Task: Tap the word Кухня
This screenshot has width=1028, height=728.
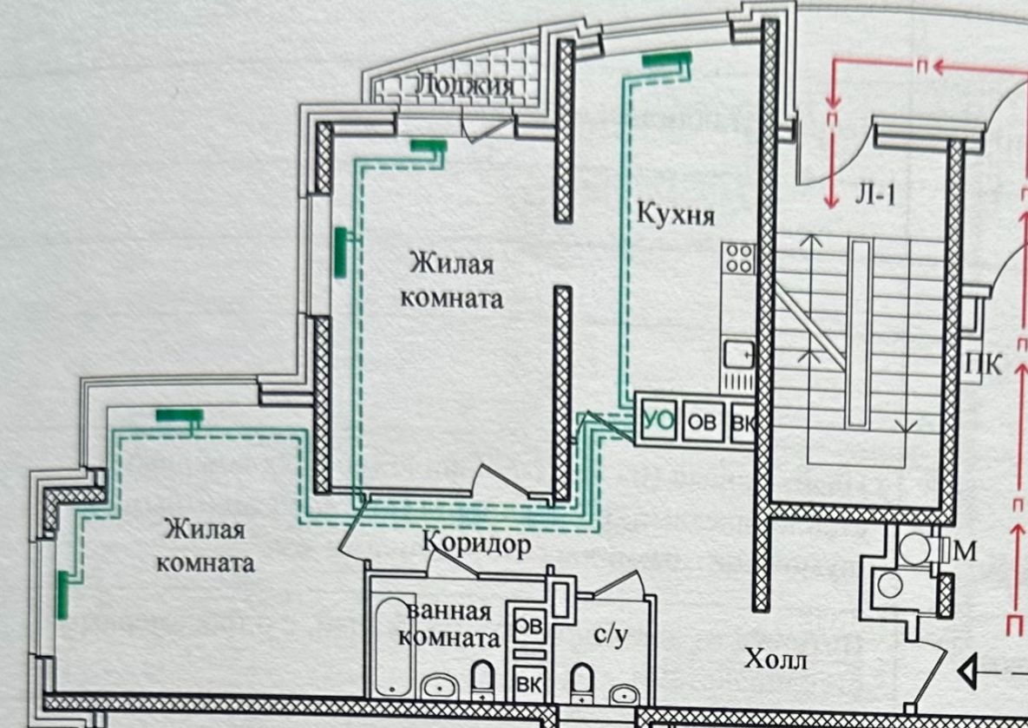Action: click(676, 213)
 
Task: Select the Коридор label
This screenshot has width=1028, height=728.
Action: click(476, 544)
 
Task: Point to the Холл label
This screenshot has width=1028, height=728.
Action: click(776, 660)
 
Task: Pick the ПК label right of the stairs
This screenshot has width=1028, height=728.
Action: click(983, 364)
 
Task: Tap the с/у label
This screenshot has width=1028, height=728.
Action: click(610, 635)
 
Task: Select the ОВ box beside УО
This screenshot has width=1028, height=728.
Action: click(704, 423)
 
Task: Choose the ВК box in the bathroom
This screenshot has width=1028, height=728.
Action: click(528, 682)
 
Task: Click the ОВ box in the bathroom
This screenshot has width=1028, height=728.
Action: click(528, 625)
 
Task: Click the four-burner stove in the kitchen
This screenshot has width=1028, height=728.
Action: click(739, 259)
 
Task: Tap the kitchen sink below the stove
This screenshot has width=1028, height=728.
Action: click(738, 354)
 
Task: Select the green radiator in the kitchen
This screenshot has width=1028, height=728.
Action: click(667, 60)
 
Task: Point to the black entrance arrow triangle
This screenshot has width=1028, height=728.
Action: click(966, 671)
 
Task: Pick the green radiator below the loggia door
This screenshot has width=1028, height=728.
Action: click(428, 145)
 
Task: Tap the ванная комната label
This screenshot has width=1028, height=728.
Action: click(449, 624)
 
